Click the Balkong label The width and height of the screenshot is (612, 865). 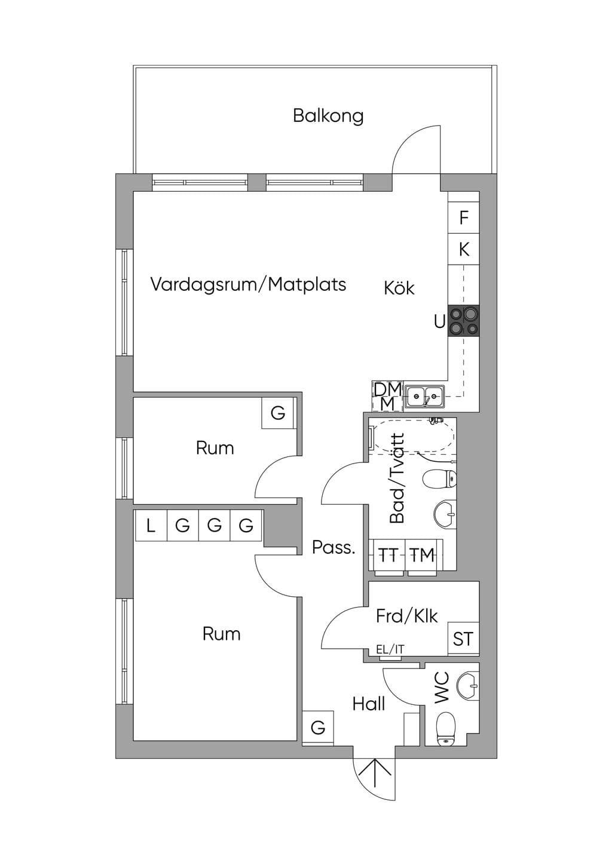tap(328, 116)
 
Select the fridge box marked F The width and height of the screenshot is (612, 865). tap(464, 218)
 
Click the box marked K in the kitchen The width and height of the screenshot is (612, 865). tap(464, 250)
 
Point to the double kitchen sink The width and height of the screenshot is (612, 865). tap(425, 396)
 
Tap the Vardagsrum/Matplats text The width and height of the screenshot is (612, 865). tap(248, 284)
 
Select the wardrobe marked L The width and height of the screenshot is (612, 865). tap(151, 525)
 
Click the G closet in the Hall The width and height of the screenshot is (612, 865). tap(318, 728)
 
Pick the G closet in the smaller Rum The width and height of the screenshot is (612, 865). tap(278, 413)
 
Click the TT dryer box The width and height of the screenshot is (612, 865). tap(387, 556)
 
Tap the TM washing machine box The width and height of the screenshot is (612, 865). tap(423, 556)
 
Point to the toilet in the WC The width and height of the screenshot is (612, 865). tap(446, 729)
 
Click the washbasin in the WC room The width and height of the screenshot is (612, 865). tap(468, 686)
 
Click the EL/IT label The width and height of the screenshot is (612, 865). tap(390, 649)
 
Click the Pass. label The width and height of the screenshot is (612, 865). tap(333, 548)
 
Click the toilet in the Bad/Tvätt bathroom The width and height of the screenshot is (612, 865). tap(440, 479)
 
